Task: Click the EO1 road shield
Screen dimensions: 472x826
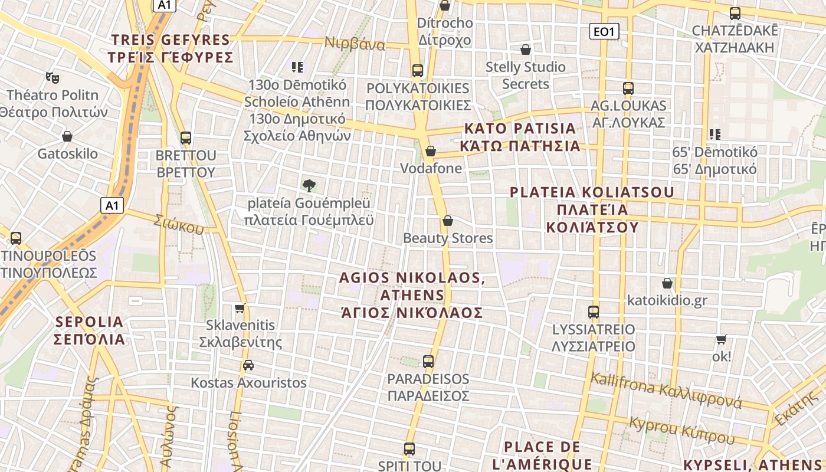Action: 604,31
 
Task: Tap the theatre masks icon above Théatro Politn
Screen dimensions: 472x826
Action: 53,77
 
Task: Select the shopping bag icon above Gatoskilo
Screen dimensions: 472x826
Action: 67,136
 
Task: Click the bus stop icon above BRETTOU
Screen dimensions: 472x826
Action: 186,138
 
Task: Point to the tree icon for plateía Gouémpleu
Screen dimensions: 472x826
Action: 309,186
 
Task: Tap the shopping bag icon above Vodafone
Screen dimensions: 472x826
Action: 431,151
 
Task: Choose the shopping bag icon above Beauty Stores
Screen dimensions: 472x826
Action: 447,221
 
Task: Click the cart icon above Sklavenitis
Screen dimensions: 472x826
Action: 240,308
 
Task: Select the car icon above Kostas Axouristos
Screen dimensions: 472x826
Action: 248,365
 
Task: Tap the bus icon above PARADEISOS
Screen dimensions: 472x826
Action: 428,361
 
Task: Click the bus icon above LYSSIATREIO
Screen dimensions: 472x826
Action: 594,312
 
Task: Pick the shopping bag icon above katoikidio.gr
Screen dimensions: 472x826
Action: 667,283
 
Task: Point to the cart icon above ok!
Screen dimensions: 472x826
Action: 721,339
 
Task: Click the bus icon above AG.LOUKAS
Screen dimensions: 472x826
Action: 628,88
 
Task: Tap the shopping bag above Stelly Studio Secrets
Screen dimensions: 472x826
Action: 525,50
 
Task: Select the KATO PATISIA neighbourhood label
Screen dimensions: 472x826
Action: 521,137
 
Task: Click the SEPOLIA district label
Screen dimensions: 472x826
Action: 90,330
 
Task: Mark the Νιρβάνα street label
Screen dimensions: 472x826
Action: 355,44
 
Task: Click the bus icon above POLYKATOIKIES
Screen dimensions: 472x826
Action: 418,71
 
